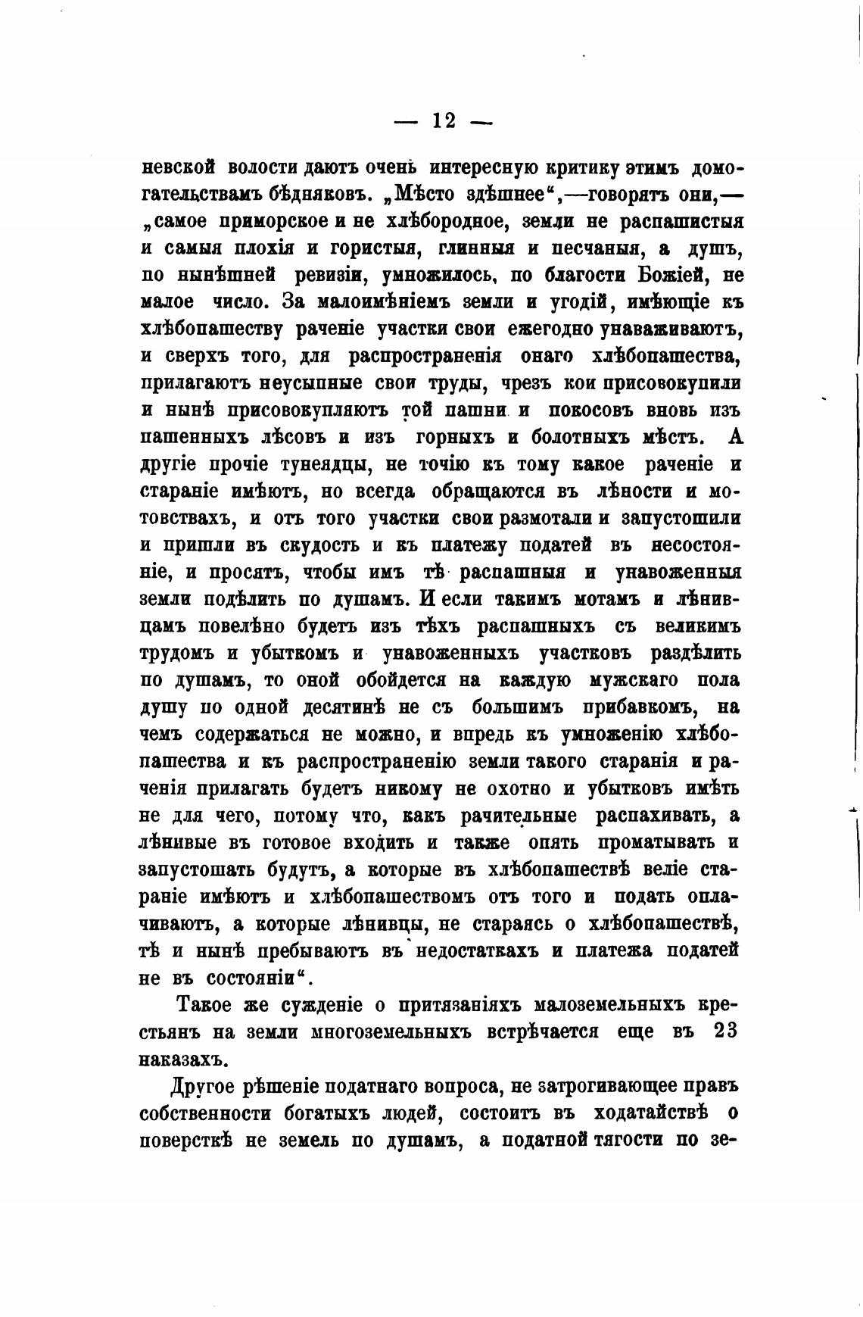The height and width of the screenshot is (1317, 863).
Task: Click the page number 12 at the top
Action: pos(444,120)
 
